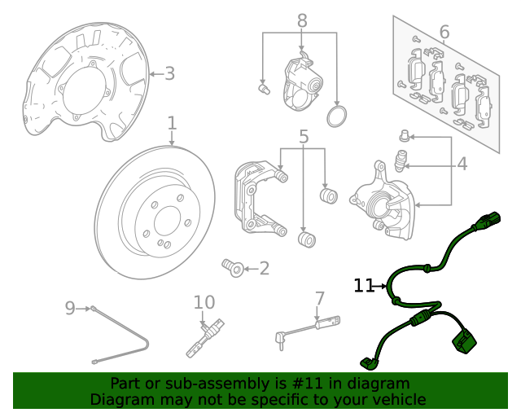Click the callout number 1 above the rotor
pyautogui.click(x=172, y=124)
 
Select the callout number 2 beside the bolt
pyautogui.click(x=264, y=268)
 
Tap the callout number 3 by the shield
pyautogui.click(x=169, y=74)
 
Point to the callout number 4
pyautogui.click(x=462, y=165)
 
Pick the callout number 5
pyautogui.click(x=303, y=137)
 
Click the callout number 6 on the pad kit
pyautogui.click(x=444, y=33)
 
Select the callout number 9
pyautogui.click(x=70, y=308)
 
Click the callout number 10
pyautogui.click(x=204, y=303)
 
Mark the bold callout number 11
pyautogui.click(x=363, y=286)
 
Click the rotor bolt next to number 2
pyautogui.click(x=231, y=266)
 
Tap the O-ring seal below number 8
pyautogui.click(x=336, y=116)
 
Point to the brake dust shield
pyautogui.click(x=81, y=81)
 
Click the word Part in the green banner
pyautogui.click(x=126, y=384)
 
